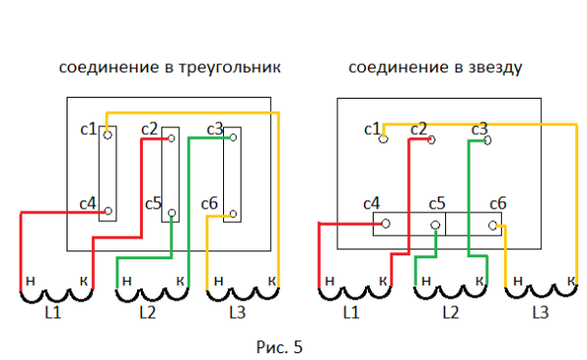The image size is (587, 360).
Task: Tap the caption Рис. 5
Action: [279, 346]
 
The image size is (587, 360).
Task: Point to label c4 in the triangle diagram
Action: [88, 203]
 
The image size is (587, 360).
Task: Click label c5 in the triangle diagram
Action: [153, 203]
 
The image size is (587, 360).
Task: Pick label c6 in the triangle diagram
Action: [208, 203]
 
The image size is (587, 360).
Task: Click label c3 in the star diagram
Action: [479, 129]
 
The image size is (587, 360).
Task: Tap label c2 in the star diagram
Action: [419, 129]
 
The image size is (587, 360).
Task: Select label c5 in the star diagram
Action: [436, 203]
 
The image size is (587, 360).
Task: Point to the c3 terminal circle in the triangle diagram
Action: [232, 138]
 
